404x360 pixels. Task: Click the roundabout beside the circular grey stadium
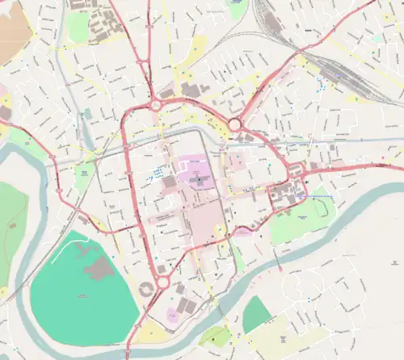(x=162, y=283)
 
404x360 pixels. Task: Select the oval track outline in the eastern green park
(x=326, y=207)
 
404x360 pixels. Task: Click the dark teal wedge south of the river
(x=256, y=314)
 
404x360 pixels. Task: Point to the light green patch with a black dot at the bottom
(x=215, y=337)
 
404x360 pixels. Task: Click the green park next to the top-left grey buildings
(x=78, y=27)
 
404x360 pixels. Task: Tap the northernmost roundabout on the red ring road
(x=155, y=105)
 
